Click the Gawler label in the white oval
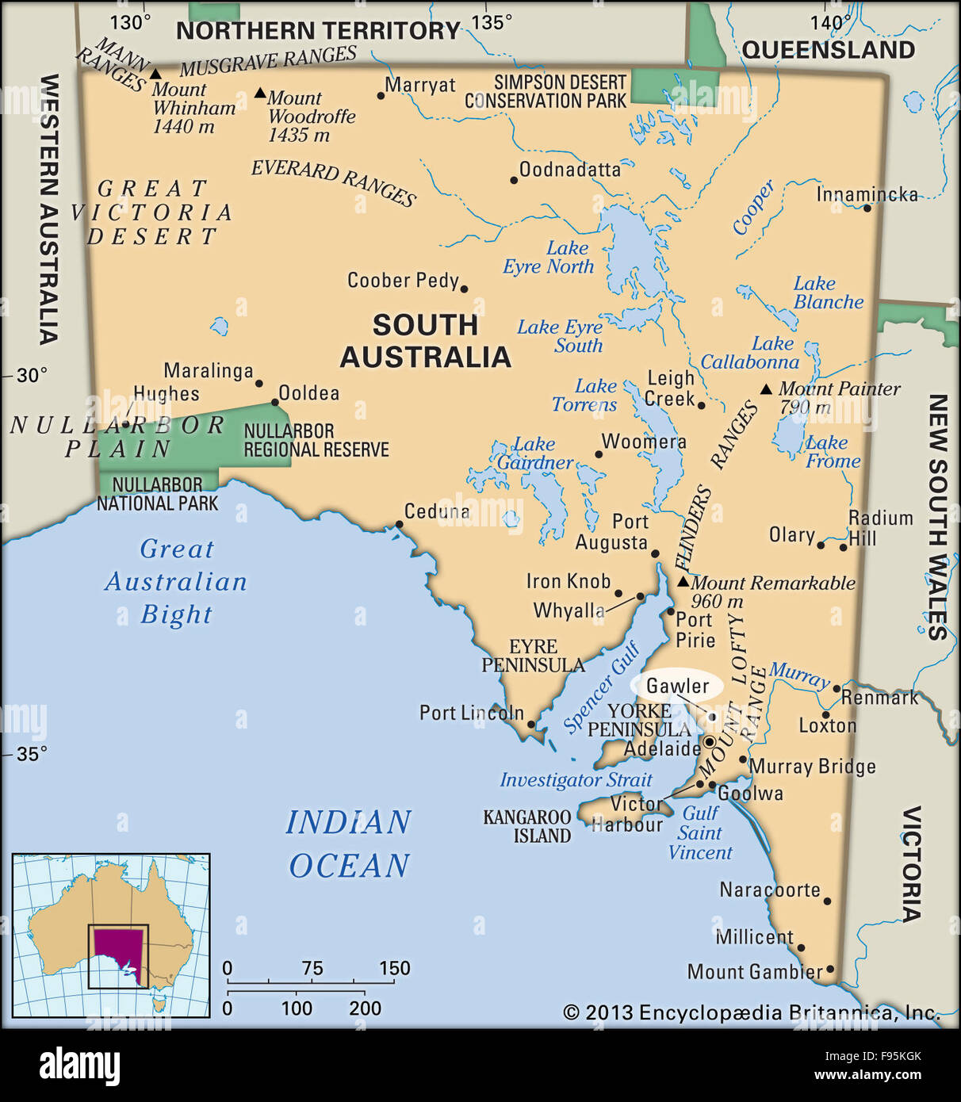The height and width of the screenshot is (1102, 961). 677,686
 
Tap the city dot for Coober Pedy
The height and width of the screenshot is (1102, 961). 464,289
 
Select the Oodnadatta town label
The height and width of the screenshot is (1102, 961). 569,170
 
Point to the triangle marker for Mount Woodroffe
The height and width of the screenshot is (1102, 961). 260,93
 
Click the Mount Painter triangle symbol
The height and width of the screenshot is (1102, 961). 766,389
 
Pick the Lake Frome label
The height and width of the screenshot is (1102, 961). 832,452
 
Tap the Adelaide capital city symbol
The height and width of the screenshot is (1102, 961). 710,743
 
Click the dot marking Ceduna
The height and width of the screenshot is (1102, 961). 399,524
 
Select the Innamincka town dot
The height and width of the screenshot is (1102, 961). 867,208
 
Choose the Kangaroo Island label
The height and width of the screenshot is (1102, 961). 527,826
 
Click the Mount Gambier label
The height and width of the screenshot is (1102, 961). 754,971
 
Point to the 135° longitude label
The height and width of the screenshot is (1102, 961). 492,21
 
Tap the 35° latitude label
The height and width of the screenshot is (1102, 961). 32,754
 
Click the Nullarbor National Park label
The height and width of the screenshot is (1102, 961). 157,493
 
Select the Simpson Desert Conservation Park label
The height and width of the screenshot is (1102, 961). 546,91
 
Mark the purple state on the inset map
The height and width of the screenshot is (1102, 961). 119,951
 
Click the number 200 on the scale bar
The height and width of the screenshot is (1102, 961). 365,1008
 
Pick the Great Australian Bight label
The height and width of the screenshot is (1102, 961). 176,581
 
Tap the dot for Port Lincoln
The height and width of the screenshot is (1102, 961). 531,724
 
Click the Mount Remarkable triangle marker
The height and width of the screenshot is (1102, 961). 683,582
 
